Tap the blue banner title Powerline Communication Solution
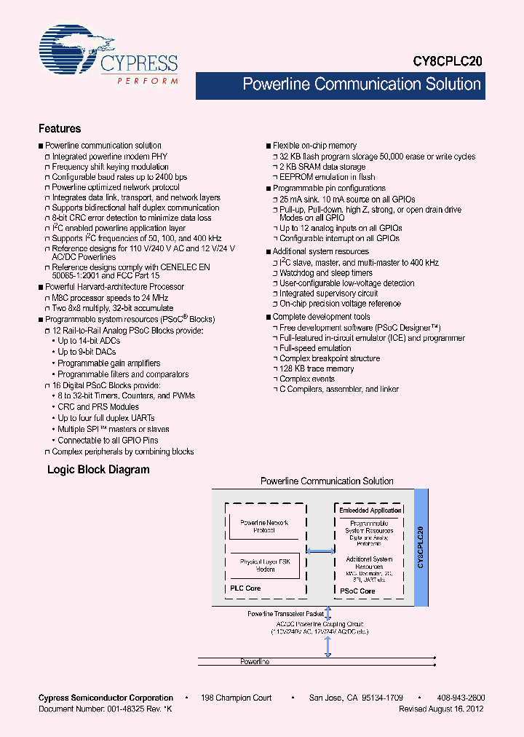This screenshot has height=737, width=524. click(361, 84)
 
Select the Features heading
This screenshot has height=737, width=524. click(60, 129)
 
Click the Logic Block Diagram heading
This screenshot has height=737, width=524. click(98, 470)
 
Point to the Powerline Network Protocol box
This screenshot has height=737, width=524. click(263, 526)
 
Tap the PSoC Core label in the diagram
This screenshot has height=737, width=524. click(357, 591)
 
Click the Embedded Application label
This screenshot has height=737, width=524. click(370, 511)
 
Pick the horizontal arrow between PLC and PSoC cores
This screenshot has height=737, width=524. click(321, 551)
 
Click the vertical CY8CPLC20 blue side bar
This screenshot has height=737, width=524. click(419, 547)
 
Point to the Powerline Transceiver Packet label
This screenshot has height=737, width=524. click(285, 614)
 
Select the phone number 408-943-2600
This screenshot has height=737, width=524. click(461, 698)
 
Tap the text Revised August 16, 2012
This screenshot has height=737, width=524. click(441, 709)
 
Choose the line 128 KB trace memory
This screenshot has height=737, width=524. click(317, 368)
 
